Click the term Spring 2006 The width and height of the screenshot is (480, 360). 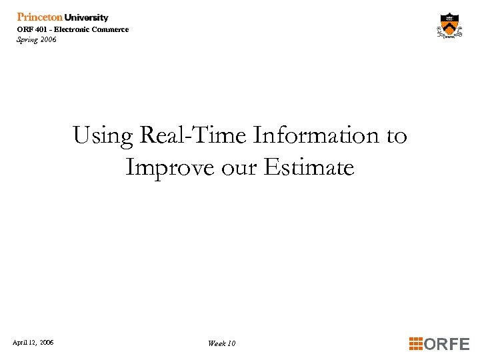coord(37,39)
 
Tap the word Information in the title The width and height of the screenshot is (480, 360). coord(317,136)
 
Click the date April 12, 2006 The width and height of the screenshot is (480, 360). coord(33,343)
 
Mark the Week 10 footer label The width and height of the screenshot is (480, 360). coord(221,343)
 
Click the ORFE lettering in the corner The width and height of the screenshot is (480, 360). coord(447,344)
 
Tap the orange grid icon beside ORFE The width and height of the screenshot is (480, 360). coord(415,344)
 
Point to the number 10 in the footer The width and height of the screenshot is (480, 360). coord(231,343)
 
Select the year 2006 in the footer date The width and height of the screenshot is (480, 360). coord(47,343)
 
